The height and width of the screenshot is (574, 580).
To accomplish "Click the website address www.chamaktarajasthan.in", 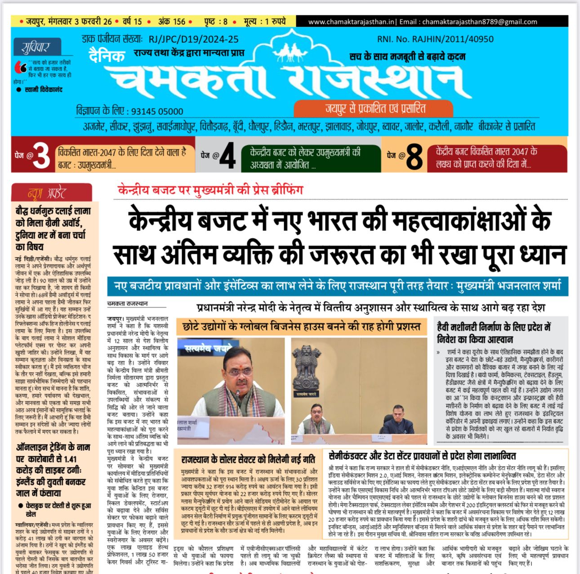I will point(351,22).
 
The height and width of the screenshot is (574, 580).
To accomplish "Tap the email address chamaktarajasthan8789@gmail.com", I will point(480,22).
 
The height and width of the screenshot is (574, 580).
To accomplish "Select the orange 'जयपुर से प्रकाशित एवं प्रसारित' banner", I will point(373,108).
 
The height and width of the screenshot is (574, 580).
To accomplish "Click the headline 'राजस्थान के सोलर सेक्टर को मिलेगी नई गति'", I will point(248,460).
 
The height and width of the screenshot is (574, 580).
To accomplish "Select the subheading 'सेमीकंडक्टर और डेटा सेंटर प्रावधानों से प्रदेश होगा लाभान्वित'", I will point(422,456).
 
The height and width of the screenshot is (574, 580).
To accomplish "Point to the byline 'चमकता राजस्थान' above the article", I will point(128,303).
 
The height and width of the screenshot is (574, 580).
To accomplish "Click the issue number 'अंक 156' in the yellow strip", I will point(172,21).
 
